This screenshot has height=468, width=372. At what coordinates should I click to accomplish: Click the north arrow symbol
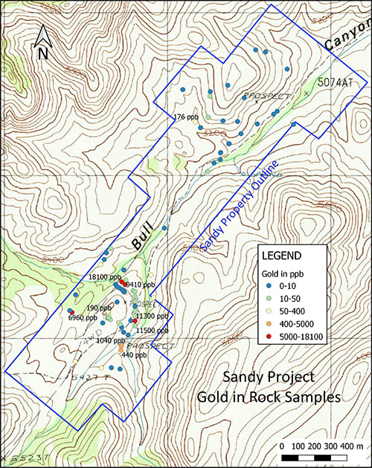[43, 34]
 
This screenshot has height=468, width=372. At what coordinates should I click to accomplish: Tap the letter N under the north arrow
[43, 53]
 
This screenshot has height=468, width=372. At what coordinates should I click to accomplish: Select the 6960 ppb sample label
[83, 317]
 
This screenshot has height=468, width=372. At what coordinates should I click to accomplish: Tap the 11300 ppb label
[151, 316]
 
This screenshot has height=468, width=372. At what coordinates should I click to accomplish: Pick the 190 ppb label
[97, 308]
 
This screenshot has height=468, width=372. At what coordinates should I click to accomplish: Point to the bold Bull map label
[149, 236]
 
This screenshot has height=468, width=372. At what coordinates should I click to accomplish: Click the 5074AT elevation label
[334, 82]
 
